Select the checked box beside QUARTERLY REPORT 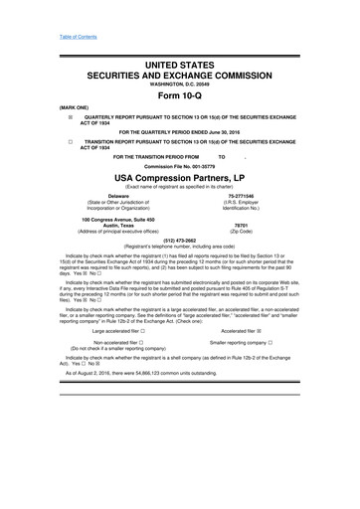pos(42,116)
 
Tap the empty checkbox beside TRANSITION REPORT pos(42,142)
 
